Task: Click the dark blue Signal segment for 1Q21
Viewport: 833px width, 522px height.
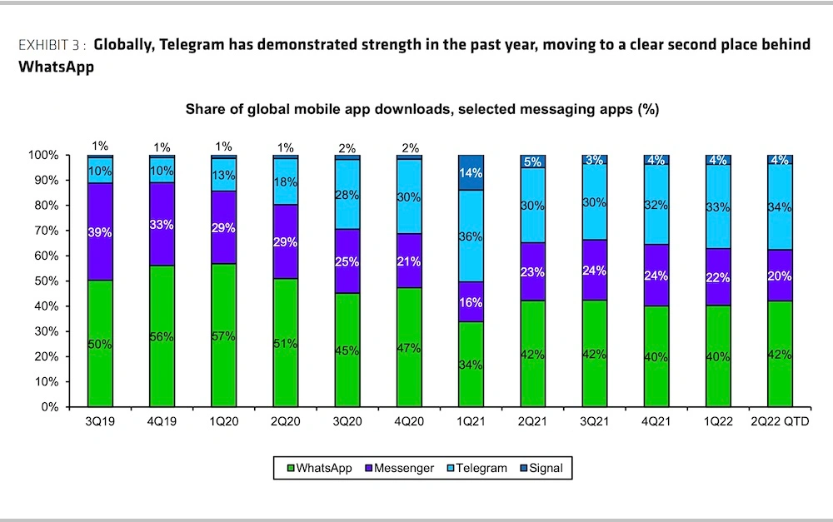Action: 471,172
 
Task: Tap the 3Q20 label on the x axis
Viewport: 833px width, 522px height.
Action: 347,422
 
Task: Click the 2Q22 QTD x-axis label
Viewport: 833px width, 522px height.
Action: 780,422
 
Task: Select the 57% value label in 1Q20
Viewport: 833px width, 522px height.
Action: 224,336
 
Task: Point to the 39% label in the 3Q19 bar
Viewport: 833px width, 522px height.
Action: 100,231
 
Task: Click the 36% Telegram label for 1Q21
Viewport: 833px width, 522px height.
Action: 471,236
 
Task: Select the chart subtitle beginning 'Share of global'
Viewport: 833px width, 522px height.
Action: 421,110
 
